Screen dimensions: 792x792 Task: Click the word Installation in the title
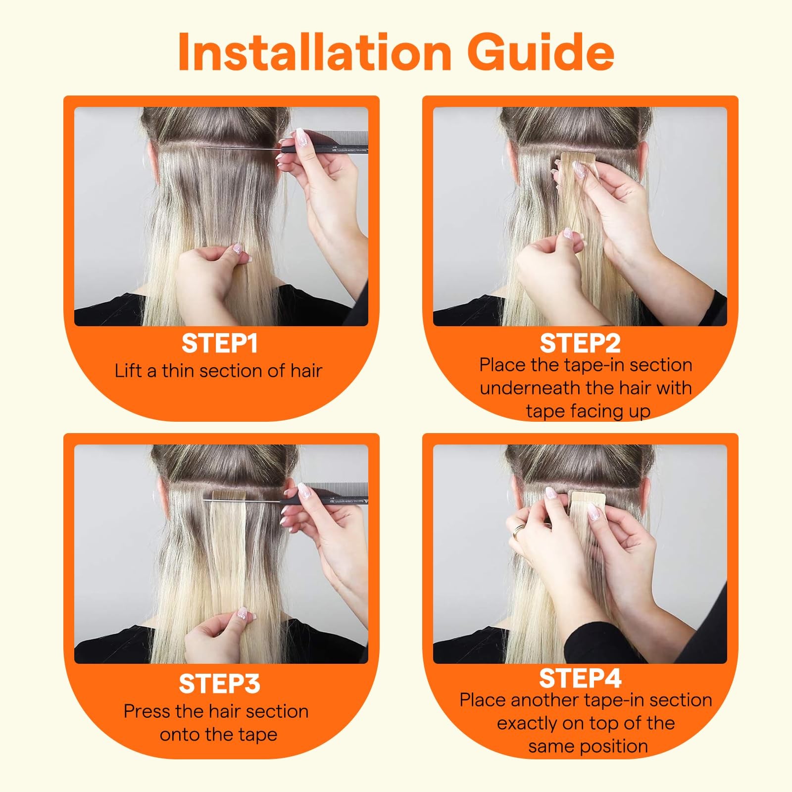coord(314,52)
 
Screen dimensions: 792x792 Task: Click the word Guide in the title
coord(541,52)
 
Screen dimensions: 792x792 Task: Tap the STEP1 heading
coord(220,343)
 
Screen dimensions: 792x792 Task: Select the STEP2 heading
coord(580,343)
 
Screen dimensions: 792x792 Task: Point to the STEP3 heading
coord(219,684)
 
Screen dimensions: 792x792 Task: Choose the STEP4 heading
coord(580,678)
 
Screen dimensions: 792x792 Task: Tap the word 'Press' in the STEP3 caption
coord(147,711)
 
